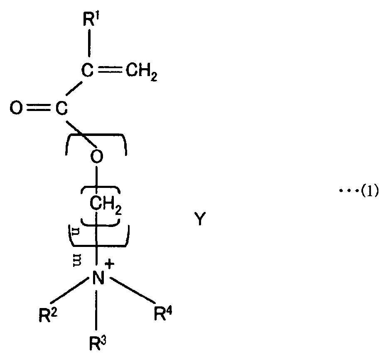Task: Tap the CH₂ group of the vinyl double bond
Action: (141, 76)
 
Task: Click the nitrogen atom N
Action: (97, 277)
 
